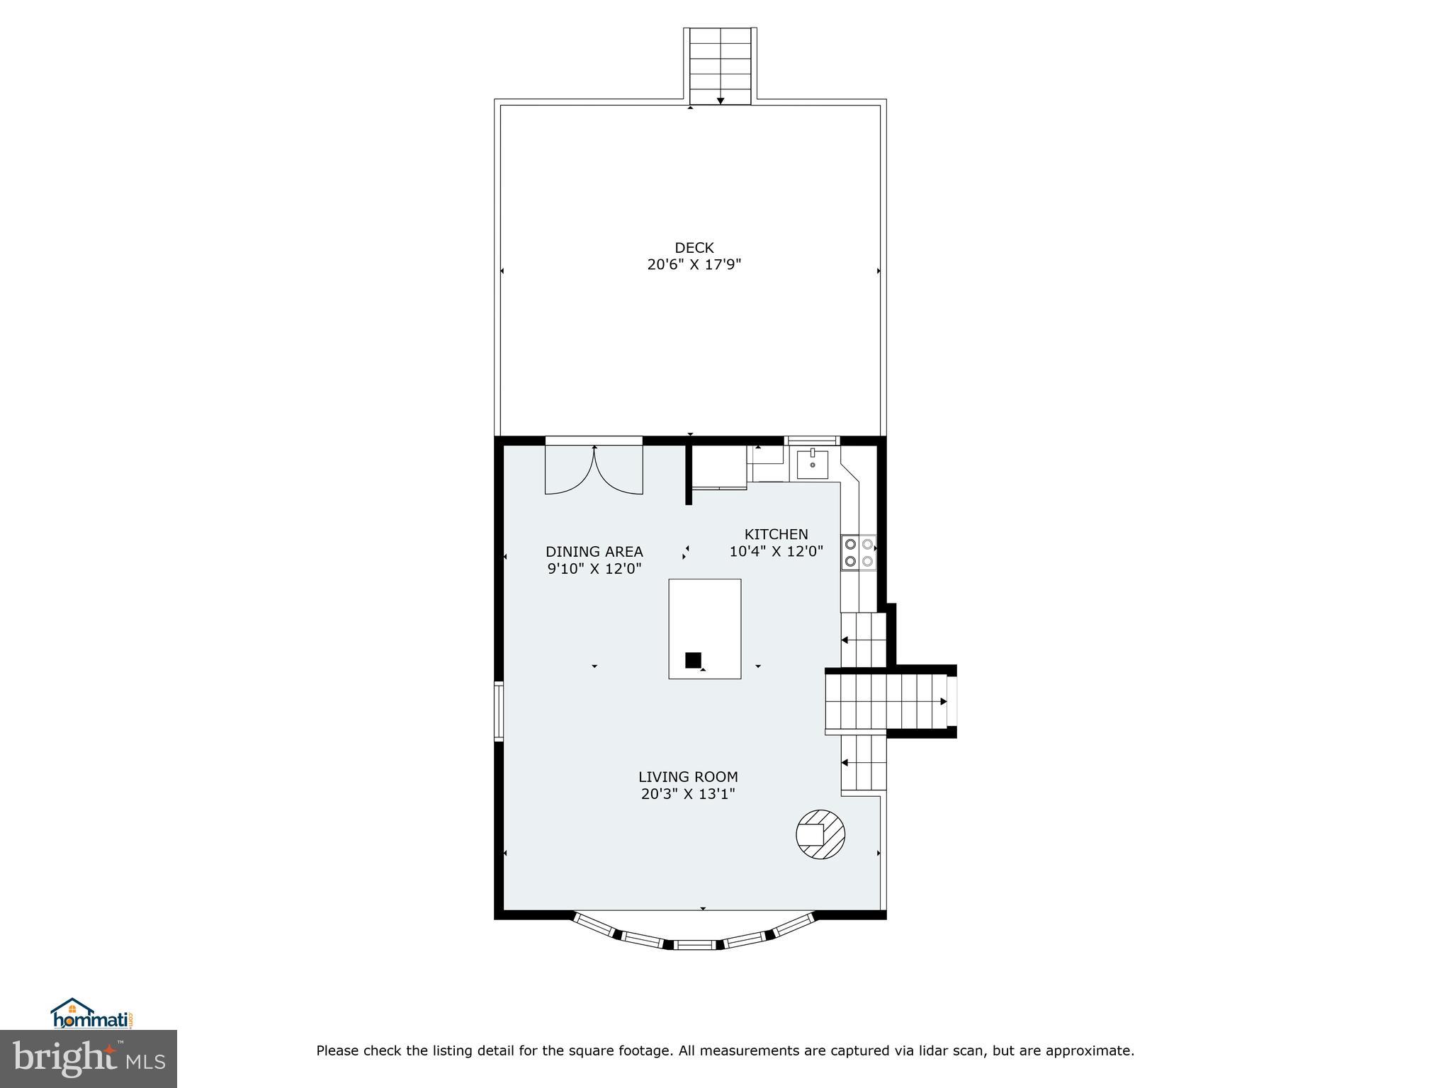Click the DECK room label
[x=694, y=248]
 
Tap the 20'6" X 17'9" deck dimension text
[x=694, y=265]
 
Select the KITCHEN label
[x=776, y=534]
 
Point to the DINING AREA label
[x=594, y=551]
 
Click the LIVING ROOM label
[x=688, y=776]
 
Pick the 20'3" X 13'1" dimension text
[x=688, y=794]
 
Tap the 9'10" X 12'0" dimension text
[x=594, y=568]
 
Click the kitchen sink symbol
[x=812, y=464]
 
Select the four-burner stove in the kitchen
[x=858, y=552]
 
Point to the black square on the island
[x=693, y=660]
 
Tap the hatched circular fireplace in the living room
[x=820, y=834]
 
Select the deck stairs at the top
[x=720, y=66]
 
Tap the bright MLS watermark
[x=89, y=1058]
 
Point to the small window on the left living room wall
[x=499, y=710]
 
